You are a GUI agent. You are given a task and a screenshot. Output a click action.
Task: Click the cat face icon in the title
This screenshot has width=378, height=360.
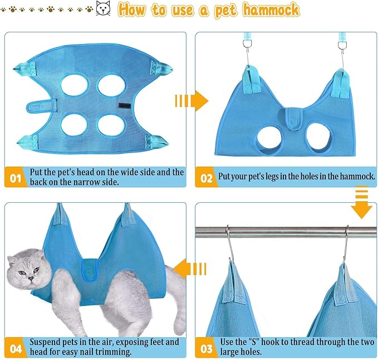[103, 9]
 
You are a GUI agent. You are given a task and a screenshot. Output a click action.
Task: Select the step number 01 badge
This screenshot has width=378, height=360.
[15, 178]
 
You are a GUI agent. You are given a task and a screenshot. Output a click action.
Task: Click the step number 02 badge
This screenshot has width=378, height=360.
[207, 178]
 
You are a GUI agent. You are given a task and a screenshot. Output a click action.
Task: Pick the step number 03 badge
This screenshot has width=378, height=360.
[207, 348]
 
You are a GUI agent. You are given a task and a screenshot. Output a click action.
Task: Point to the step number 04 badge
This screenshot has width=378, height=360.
[15, 348]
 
